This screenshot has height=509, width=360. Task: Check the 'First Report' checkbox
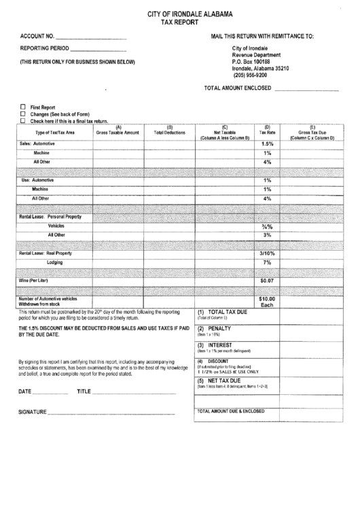click(x=23, y=107)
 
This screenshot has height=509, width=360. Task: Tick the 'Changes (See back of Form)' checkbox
click(x=23, y=113)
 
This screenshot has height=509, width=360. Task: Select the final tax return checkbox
click(x=23, y=120)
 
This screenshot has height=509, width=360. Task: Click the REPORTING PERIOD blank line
click(x=98, y=50)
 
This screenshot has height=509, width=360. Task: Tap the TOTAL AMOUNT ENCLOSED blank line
click(x=306, y=89)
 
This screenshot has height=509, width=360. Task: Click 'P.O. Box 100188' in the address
click(x=255, y=62)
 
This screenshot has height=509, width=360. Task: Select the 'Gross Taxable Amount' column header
click(x=118, y=132)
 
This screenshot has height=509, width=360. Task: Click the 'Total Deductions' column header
click(x=170, y=132)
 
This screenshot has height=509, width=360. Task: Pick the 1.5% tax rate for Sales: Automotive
click(x=267, y=144)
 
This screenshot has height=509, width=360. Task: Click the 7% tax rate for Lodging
click(x=267, y=262)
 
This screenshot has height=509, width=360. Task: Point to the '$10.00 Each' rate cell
click(x=267, y=302)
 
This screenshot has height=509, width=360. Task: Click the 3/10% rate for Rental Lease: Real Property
click(x=267, y=253)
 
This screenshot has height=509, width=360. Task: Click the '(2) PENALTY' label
click(x=215, y=328)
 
